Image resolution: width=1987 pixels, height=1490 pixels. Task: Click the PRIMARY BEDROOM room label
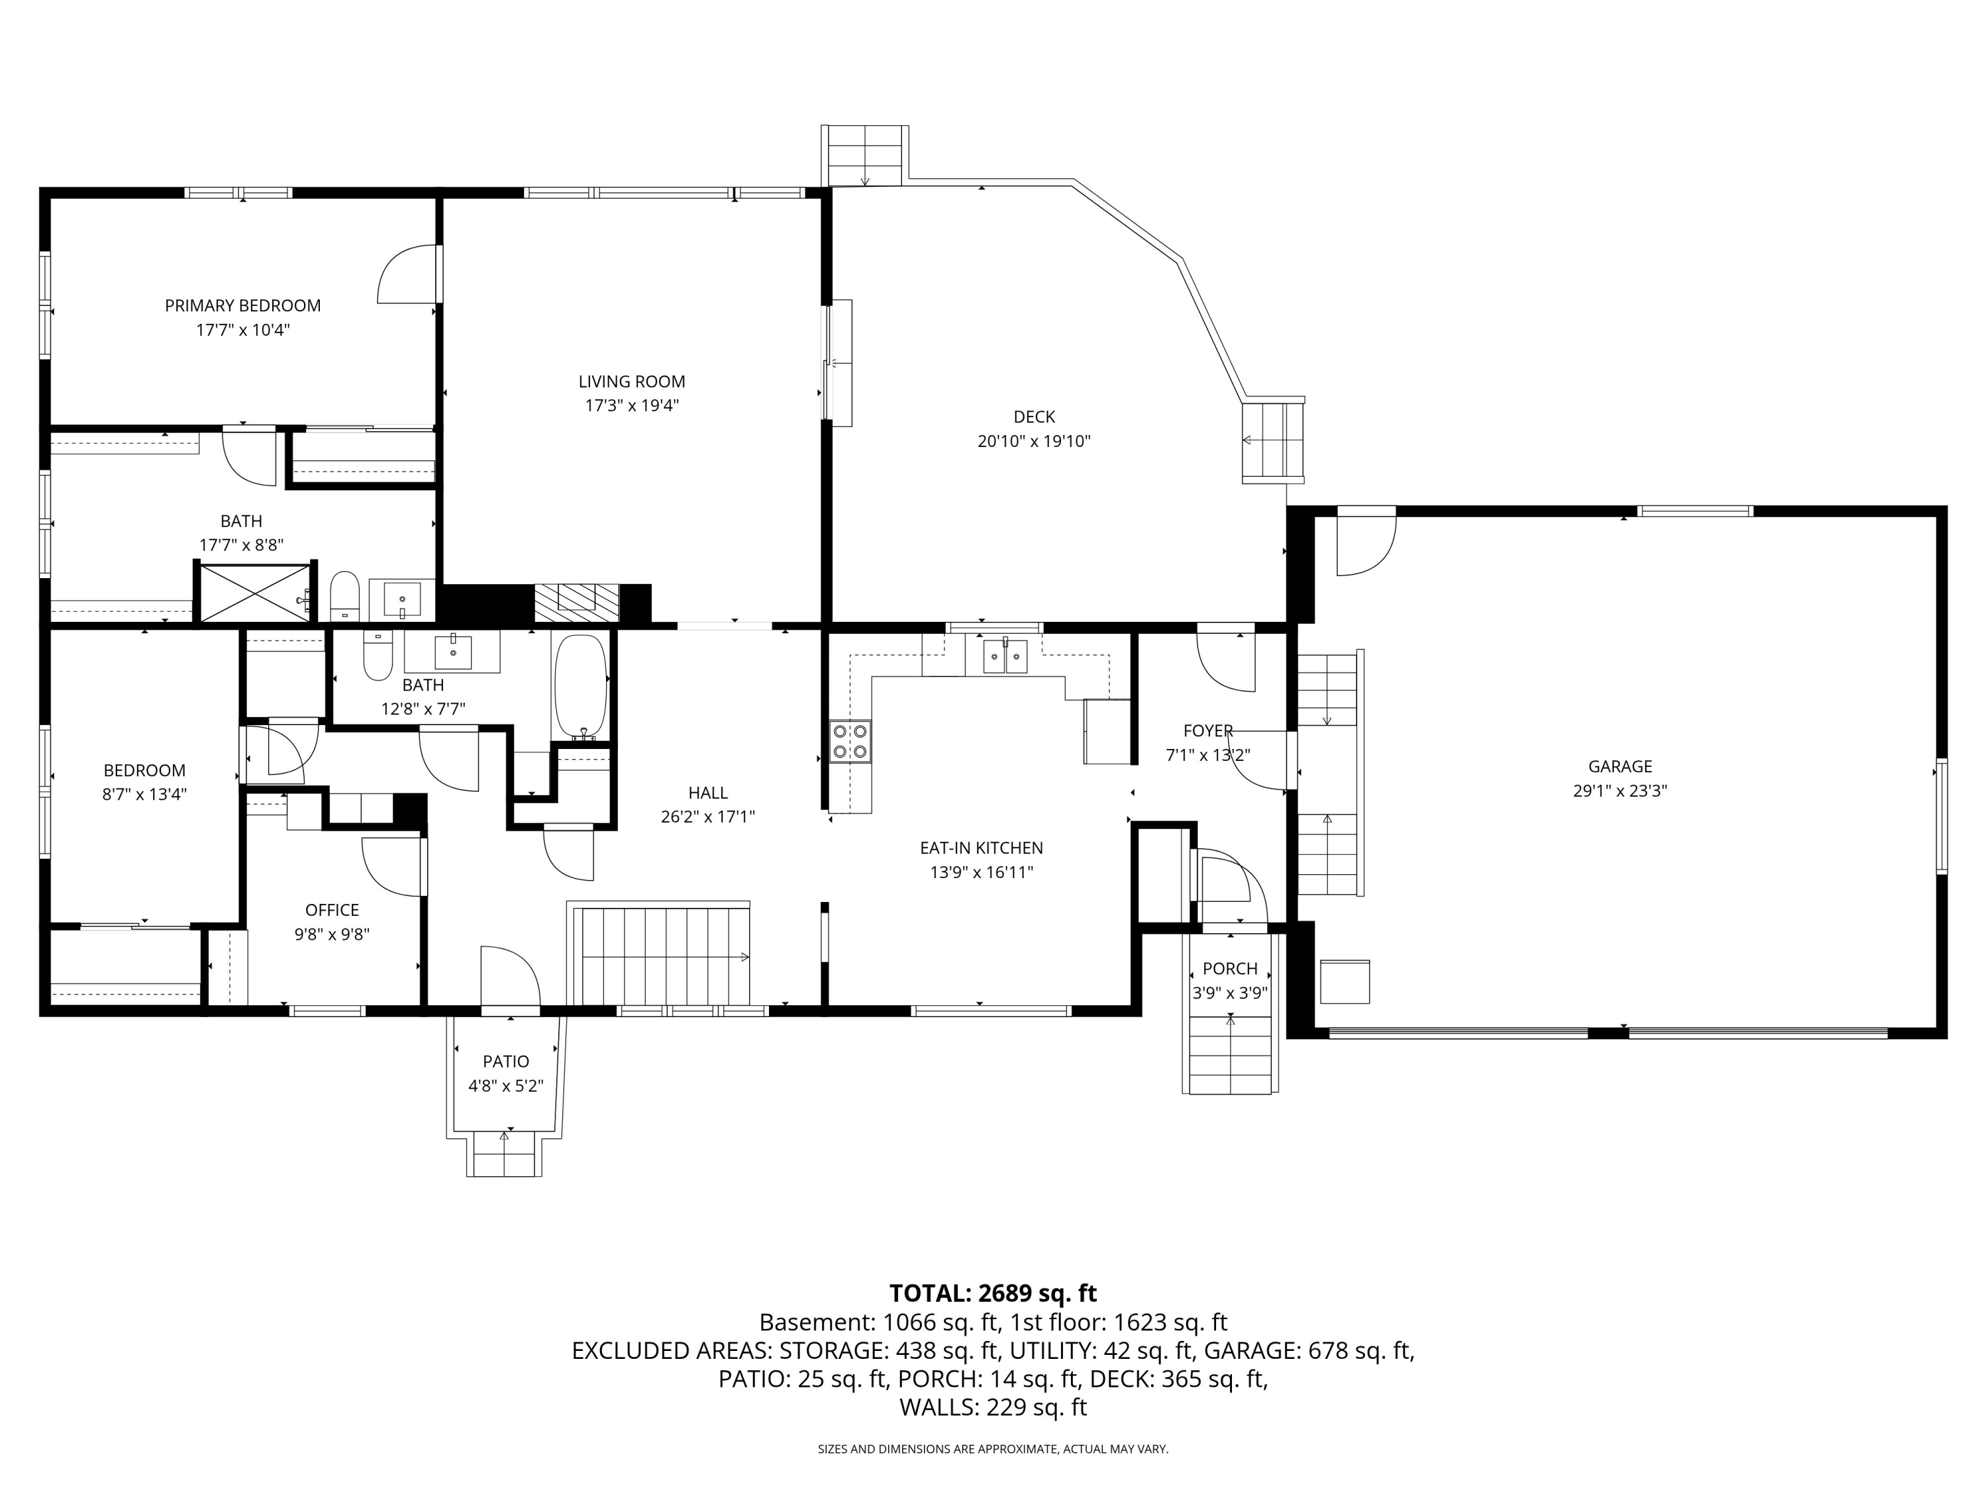(x=242, y=305)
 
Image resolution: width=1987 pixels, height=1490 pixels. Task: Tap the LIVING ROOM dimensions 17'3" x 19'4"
(x=631, y=405)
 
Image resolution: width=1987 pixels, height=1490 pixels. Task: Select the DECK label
(x=1034, y=417)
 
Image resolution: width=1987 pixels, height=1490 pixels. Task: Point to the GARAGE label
(x=1619, y=766)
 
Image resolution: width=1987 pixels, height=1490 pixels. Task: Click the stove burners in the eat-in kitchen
(x=850, y=742)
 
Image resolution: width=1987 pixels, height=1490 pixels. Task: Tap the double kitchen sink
(x=1004, y=656)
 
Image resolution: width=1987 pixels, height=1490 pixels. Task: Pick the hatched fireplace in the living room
(x=577, y=603)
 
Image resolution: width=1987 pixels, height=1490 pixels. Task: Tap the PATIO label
(x=506, y=1062)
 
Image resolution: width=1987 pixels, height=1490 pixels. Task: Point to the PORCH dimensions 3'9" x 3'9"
(x=1230, y=993)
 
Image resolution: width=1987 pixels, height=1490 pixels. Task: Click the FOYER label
(x=1208, y=731)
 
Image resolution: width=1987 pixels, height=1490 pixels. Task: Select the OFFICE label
(x=332, y=910)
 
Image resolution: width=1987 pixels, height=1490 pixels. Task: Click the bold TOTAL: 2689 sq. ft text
(x=993, y=1293)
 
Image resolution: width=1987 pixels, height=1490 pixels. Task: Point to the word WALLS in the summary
(x=938, y=1407)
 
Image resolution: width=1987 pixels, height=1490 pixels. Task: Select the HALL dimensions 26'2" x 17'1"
(x=708, y=817)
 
